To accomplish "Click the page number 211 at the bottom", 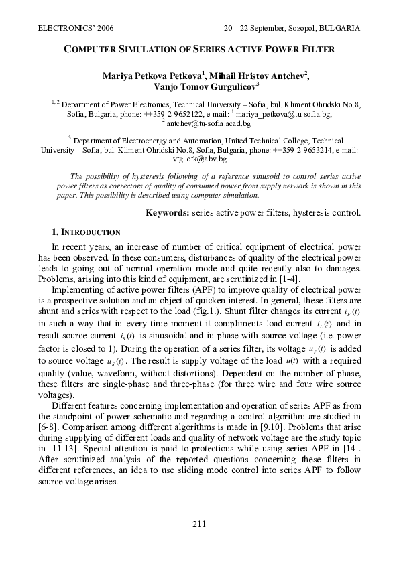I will (x=199, y=524).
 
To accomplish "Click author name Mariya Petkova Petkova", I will (x=146, y=75).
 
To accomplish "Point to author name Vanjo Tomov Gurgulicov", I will (x=199, y=86).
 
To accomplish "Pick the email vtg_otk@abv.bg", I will (x=199, y=160).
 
